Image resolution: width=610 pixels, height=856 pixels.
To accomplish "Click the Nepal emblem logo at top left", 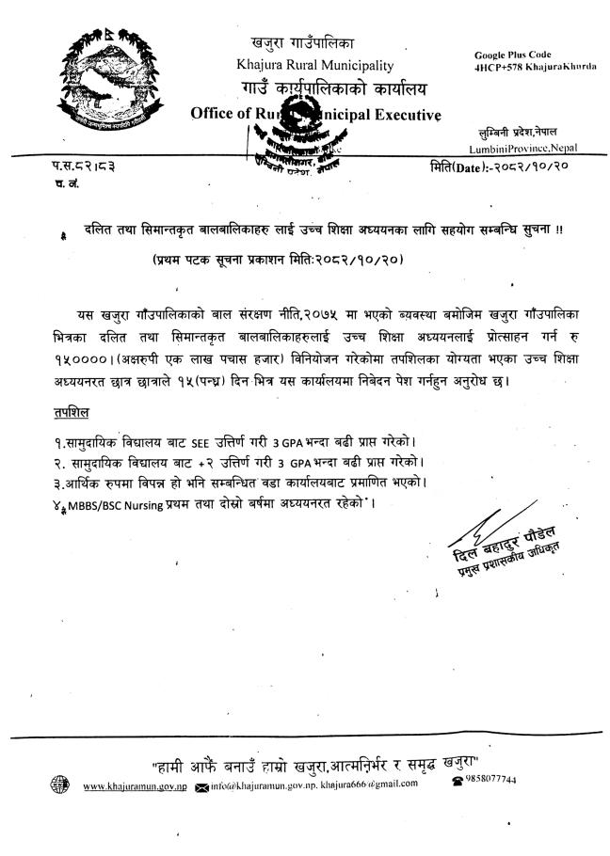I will point(90,80).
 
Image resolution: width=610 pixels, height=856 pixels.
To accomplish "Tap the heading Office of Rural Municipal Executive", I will point(315,115).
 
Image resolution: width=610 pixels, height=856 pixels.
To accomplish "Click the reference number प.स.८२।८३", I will point(84,166).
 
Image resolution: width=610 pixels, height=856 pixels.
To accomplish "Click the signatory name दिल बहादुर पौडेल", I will point(503,559).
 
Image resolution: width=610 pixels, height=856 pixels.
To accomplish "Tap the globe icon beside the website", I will point(59,785).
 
